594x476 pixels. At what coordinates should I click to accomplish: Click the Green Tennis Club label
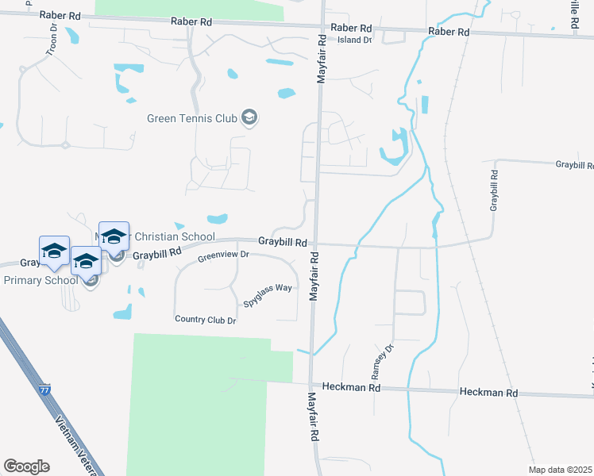[192, 118]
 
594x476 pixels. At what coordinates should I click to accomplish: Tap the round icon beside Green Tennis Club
[249, 118]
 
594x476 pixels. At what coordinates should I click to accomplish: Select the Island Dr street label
[354, 40]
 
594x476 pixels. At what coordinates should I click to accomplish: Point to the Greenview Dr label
[223, 255]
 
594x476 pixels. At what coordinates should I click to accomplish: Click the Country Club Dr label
[205, 319]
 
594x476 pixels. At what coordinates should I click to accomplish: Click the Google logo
[26, 466]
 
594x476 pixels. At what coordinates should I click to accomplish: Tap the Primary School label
[40, 280]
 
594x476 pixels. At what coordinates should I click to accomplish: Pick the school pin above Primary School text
[54, 251]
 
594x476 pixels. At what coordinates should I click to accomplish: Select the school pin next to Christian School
[114, 236]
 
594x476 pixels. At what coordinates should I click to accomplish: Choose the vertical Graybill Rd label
[494, 190]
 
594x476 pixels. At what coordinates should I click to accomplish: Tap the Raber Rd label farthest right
[449, 32]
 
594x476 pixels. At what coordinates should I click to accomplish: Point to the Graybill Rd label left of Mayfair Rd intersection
[282, 241]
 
